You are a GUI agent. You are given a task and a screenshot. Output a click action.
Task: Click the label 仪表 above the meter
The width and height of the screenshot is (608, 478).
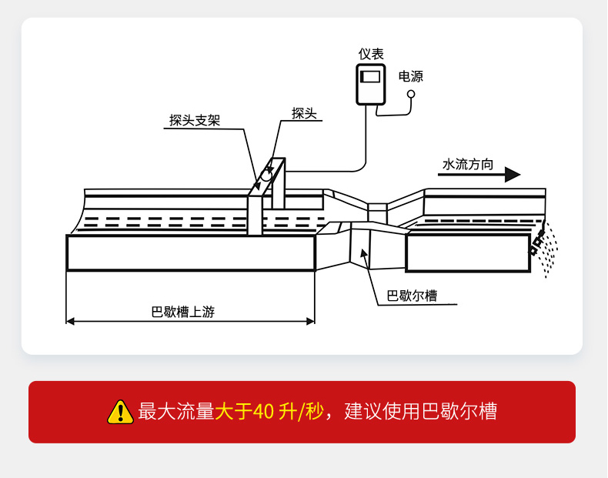(x=371, y=54)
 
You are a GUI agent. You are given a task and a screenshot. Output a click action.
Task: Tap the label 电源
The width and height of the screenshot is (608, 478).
(x=410, y=76)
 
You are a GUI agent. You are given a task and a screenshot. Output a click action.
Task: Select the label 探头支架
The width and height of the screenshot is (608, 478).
(x=195, y=120)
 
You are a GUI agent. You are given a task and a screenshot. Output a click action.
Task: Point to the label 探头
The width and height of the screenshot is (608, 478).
(x=304, y=113)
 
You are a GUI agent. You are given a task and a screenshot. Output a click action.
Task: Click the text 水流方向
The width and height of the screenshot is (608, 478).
(x=468, y=165)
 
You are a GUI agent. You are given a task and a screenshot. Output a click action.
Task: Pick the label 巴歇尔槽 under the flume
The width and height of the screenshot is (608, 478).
(x=412, y=296)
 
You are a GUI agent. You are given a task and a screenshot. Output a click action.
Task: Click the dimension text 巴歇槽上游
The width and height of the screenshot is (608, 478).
(x=183, y=312)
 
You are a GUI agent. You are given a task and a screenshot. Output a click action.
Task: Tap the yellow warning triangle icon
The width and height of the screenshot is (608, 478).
(x=120, y=412)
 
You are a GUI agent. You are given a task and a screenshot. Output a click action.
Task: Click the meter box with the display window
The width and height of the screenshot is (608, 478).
(x=371, y=84)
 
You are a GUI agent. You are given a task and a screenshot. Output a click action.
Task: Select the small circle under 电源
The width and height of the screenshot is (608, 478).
(x=411, y=94)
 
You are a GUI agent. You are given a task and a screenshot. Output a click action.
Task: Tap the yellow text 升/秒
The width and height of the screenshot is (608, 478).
(x=301, y=412)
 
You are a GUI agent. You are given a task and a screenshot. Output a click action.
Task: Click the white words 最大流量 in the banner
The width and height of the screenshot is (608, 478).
(x=175, y=412)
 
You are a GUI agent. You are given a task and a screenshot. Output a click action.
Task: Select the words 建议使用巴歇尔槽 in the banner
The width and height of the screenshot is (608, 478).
(x=420, y=412)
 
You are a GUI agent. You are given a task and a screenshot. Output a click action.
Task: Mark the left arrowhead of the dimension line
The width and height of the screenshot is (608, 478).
(x=70, y=320)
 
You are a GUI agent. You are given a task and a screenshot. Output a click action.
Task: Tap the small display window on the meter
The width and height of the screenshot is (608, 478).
(x=371, y=77)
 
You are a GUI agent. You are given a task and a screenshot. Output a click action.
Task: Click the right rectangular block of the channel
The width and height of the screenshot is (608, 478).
(x=468, y=253)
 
